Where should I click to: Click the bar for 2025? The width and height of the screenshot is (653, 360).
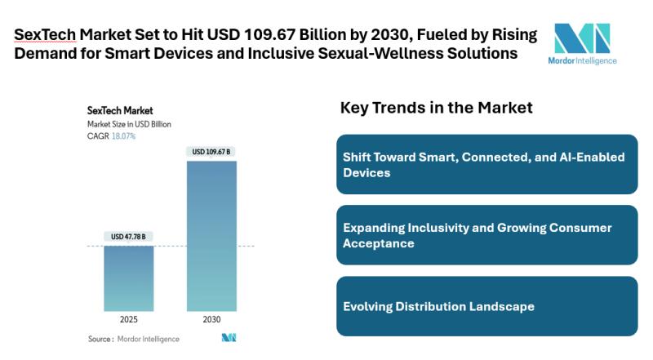pos(128,277)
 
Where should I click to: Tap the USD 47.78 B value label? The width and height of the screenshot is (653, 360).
pos(128,237)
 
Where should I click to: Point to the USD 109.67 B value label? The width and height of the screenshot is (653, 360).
pos(211,152)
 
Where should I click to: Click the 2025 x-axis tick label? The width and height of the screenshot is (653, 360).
pos(128,318)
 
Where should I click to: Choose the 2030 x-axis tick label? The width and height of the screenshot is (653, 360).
pos(211,318)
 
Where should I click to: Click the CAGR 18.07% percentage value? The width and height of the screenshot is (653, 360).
pos(123,136)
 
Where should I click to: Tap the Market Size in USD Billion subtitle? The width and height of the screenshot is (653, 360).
pos(129,123)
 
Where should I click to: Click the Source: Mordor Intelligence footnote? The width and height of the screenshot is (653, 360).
pos(134,338)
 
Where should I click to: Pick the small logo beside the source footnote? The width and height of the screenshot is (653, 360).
pos(228,338)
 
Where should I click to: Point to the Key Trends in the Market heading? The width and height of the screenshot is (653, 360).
pos(436,108)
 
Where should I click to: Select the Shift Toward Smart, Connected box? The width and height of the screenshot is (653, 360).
pos(486,163)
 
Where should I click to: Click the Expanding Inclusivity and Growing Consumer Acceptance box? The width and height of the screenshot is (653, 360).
pos(486,235)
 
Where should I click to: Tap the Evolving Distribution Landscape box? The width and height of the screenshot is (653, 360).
pos(486,306)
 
